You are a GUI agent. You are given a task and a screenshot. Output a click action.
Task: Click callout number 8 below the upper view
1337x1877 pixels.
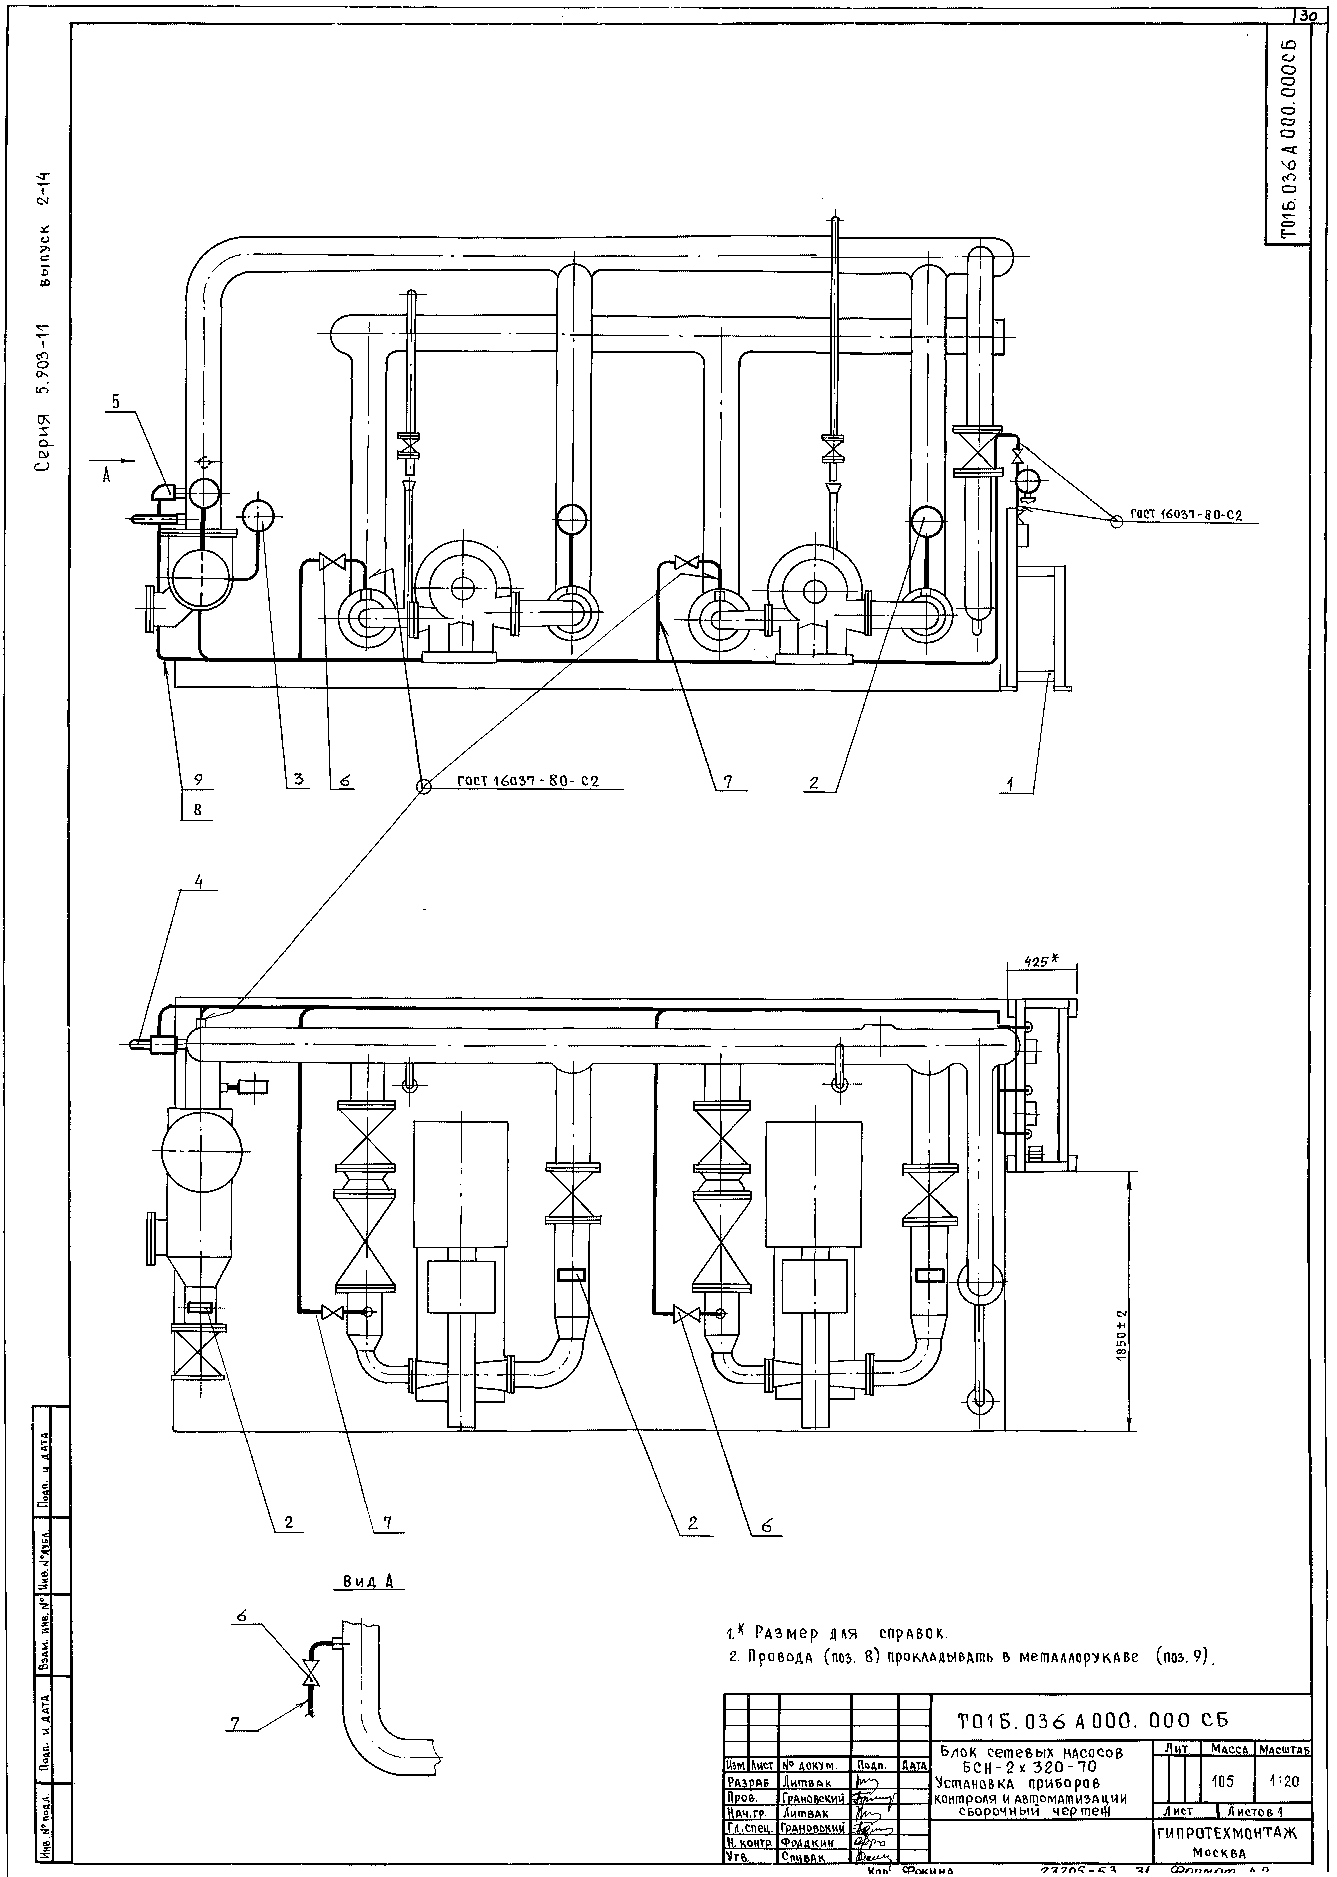pyautogui.click(x=198, y=810)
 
